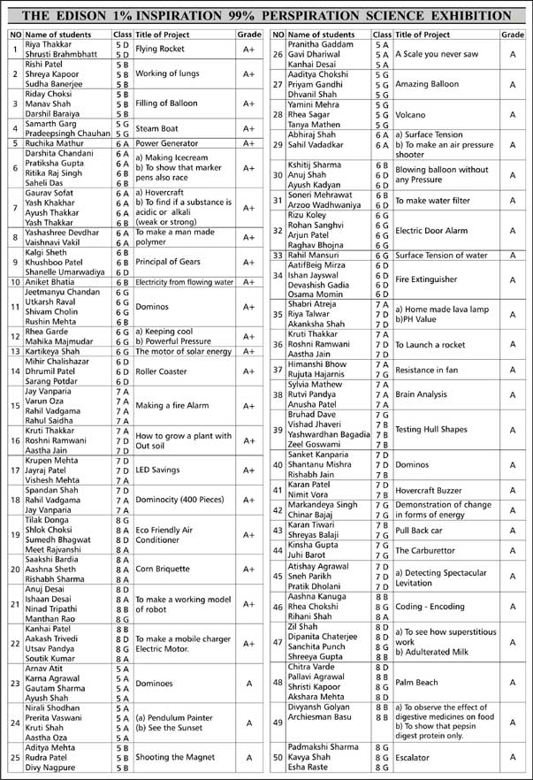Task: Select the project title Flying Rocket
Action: click(160, 50)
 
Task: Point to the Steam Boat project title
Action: click(158, 129)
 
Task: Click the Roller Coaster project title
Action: click(162, 371)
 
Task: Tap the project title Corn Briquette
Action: click(164, 570)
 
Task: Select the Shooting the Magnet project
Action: click(176, 757)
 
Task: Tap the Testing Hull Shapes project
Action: click(431, 429)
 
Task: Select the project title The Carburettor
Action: click(430, 549)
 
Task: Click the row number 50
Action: click(278, 757)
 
